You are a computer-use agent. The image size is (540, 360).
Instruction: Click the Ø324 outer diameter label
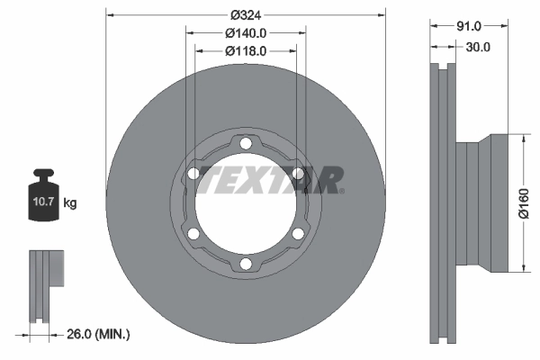[245, 14]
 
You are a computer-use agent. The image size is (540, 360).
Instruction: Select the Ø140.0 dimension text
[245, 32]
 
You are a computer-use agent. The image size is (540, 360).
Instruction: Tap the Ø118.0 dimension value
[245, 50]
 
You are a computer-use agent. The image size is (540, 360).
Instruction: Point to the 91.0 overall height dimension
[469, 26]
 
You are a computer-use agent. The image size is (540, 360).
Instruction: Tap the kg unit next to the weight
[69, 203]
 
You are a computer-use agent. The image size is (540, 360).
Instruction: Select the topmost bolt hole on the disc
[245, 143]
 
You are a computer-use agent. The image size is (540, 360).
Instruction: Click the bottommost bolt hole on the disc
[245, 264]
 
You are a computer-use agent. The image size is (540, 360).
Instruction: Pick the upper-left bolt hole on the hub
[193, 174]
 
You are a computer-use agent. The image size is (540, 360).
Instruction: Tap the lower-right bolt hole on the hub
[297, 234]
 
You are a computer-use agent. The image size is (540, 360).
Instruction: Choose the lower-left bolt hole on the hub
[193, 234]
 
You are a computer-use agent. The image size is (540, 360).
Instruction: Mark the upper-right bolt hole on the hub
[297, 174]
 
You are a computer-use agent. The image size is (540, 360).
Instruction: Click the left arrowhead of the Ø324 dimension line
[110, 14]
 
